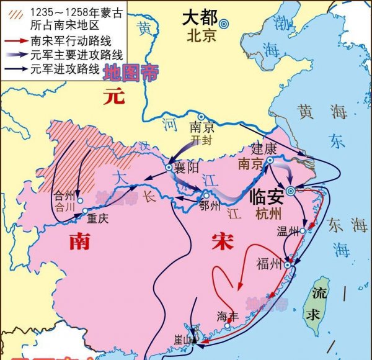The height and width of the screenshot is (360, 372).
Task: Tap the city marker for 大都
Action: pos(224,24)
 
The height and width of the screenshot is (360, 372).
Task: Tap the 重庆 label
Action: pos(98,218)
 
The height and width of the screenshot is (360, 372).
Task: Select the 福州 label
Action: pos(268,264)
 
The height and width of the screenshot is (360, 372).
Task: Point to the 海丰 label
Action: pos(227,315)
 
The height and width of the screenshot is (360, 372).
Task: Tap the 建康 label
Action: pos(263,149)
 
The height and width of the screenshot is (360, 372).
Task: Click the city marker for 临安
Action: pos(291,191)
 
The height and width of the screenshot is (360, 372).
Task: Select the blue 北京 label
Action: pos(201,37)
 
